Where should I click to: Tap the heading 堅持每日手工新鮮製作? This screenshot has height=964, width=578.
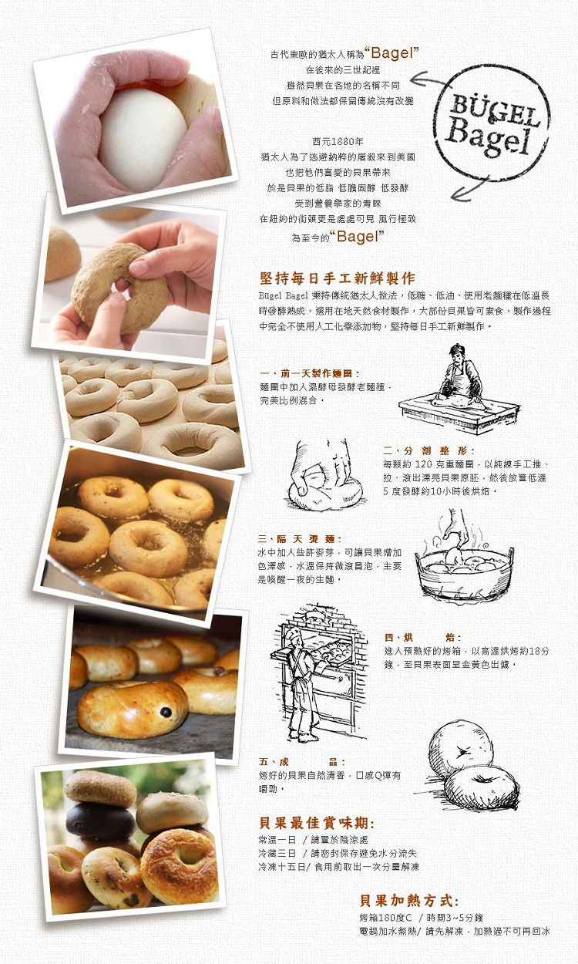point(338,278)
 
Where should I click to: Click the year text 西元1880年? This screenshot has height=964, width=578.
point(338,142)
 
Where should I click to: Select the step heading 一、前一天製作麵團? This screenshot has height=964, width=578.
point(310,373)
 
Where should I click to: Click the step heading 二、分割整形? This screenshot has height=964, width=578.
point(428,450)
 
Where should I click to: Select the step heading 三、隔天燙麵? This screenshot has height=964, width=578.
point(300,539)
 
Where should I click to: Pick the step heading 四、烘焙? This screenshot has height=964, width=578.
point(423,637)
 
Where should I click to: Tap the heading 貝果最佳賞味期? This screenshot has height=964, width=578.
point(317,824)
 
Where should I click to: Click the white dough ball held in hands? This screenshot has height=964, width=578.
point(143,138)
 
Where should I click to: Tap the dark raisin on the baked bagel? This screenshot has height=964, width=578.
point(166,713)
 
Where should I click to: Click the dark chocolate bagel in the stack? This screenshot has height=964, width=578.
point(100,821)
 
